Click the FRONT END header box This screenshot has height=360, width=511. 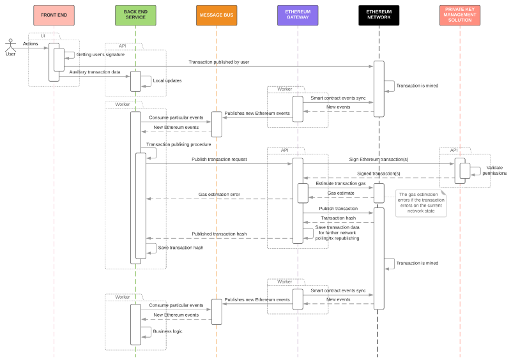click(54, 15)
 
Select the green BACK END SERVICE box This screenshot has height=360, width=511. click(135, 15)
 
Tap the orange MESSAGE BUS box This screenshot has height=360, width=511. click(217, 15)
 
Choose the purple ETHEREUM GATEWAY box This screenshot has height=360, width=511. click(298, 15)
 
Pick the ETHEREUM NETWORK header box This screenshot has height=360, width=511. click(379, 15)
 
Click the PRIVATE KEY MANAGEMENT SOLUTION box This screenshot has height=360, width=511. click(460, 15)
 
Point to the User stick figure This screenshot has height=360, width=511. click(10, 47)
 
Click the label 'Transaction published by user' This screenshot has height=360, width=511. click(218, 62)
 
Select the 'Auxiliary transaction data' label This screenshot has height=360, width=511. click(95, 72)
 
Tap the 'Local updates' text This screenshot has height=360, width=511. click(167, 81)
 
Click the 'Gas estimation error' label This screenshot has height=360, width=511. click(219, 194)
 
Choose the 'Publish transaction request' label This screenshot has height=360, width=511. click(219, 159)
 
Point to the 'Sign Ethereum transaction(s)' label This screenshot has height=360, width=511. click(379, 159)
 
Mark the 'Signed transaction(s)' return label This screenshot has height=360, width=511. click(379, 174)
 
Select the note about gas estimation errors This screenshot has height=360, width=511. click(421, 203)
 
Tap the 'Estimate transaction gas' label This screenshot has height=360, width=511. click(341, 183)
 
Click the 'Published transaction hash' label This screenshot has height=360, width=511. click(219, 234)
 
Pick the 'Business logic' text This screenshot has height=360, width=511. click(167, 331)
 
